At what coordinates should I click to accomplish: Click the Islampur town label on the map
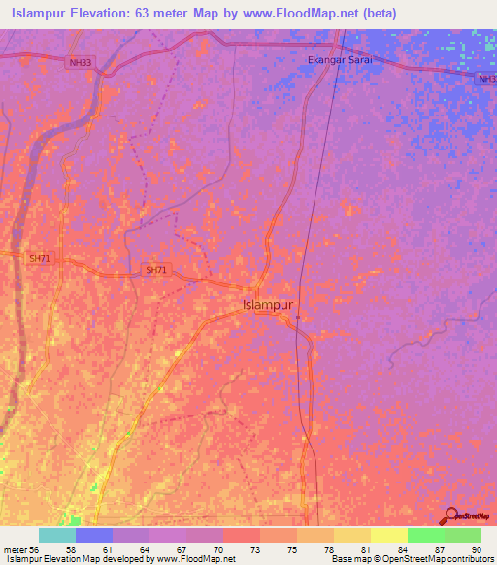267,304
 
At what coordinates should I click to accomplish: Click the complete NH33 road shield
81,62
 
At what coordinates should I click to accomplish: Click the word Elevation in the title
104,14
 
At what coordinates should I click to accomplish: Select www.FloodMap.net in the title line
294,14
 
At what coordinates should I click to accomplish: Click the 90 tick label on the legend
475,548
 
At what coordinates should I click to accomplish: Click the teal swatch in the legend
57,535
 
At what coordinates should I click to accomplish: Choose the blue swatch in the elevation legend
94,535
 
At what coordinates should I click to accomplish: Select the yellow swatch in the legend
388,535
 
